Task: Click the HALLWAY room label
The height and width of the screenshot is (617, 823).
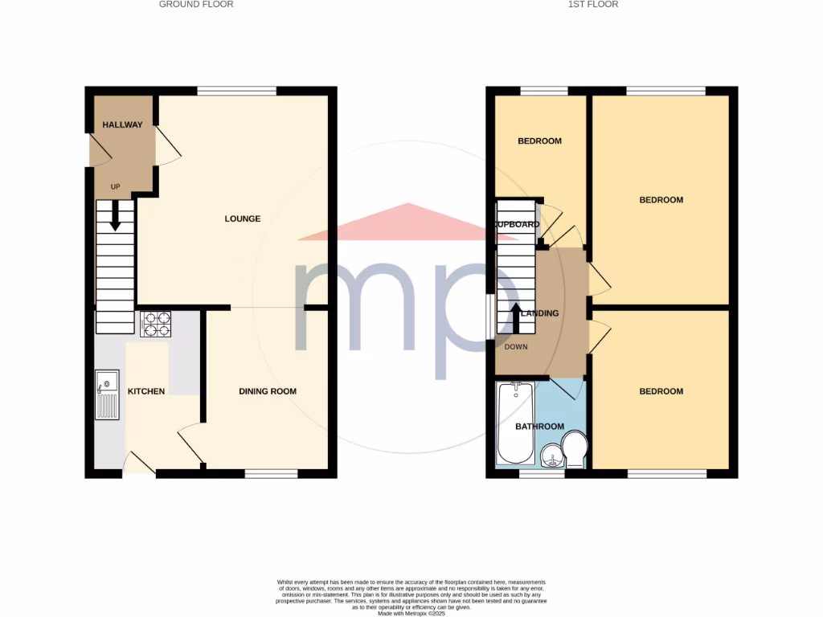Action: (x=122, y=125)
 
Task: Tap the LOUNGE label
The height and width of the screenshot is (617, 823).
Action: (x=242, y=219)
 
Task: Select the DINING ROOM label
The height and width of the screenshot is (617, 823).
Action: (x=268, y=391)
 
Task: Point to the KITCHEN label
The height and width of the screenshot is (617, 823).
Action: (x=146, y=391)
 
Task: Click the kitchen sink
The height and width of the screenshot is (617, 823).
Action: (x=107, y=394)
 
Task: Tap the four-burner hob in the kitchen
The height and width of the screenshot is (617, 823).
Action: (x=155, y=323)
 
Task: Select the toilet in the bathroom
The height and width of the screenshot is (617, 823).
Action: (x=575, y=449)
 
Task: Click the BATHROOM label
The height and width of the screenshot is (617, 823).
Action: (x=539, y=427)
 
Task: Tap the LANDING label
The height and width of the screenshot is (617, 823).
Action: (x=539, y=313)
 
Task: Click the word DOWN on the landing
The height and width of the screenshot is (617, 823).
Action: (x=516, y=347)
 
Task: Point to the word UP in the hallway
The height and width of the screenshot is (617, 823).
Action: (x=115, y=187)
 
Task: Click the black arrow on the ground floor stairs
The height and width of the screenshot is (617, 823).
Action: (x=115, y=215)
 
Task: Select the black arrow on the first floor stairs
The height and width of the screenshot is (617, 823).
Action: (x=516, y=316)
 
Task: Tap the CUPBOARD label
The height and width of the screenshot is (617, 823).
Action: (x=517, y=225)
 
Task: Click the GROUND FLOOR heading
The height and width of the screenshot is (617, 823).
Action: (x=196, y=4)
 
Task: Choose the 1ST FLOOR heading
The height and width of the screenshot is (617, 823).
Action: (x=592, y=4)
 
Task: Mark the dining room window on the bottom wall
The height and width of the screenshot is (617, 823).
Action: (x=271, y=474)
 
